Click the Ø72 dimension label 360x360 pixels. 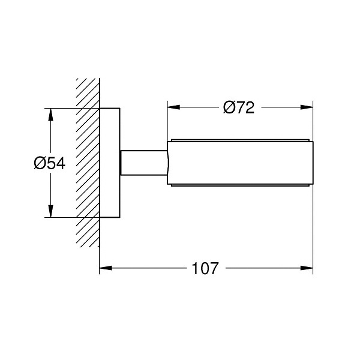239,107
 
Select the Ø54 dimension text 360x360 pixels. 50,163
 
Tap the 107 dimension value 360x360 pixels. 205,268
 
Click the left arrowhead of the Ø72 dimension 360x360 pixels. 173,107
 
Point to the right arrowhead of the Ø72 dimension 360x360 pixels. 307,107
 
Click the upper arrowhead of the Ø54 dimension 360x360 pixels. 51,115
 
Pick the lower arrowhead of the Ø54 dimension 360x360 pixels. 51,211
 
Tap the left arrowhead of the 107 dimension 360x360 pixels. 106,268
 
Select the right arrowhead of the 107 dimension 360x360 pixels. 307,268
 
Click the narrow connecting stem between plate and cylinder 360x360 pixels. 144,163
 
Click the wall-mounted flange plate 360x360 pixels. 110,163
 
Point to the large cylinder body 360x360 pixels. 240,163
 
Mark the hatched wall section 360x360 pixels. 88,163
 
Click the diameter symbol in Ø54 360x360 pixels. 40,163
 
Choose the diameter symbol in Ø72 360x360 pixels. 229,107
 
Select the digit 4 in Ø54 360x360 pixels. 61,163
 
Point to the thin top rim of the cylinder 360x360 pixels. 240,140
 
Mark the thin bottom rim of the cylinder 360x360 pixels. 240,185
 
